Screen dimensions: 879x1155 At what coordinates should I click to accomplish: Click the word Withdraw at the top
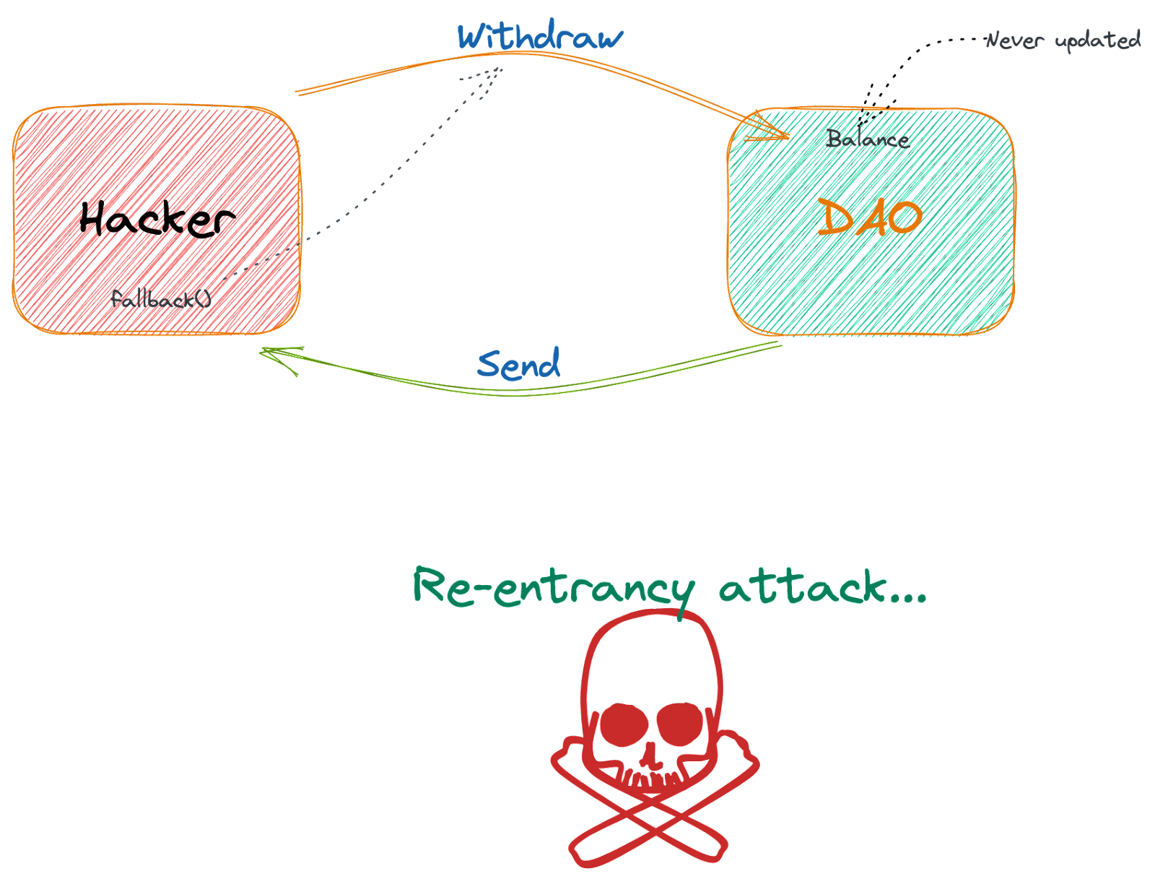pos(540,36)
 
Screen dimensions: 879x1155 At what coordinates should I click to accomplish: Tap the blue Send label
pos(518,364)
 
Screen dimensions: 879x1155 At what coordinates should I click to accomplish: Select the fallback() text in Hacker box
pos(160,298)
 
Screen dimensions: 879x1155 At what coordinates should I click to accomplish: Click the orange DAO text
pos(869,217)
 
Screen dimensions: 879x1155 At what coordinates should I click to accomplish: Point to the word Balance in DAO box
pos(868,138)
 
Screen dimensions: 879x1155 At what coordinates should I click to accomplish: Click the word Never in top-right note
pos(1014,40)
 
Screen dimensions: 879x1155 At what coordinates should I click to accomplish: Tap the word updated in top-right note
pos(1098,40)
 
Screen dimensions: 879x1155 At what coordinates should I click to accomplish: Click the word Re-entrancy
pos(553,586)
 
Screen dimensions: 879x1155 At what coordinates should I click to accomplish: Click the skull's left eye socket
pos(624,724)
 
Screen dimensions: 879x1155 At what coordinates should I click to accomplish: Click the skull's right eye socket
pos(680,724)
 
